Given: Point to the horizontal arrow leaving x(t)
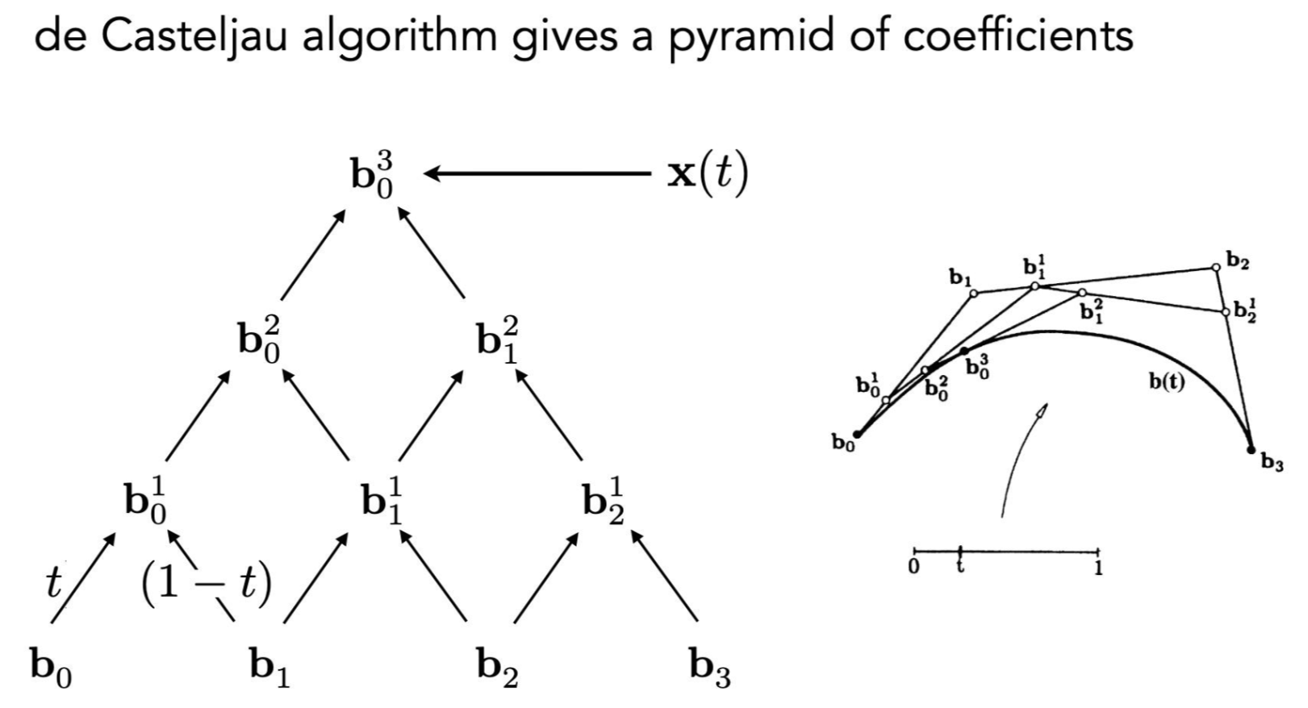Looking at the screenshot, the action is point(537,173).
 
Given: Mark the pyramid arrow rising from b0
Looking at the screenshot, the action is point(82,579).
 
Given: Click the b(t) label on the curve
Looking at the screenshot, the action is point(1167,381).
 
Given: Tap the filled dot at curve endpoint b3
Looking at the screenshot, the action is point(1251,449).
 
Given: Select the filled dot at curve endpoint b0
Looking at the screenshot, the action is point(857,435).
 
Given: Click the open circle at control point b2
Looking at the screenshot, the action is point(1215,267).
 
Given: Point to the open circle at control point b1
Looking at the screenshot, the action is point(973,294).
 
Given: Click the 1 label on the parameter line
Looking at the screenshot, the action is point(1098,568).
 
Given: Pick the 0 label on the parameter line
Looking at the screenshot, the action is point(913,567).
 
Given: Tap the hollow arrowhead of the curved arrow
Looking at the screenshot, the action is point(1042,411).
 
